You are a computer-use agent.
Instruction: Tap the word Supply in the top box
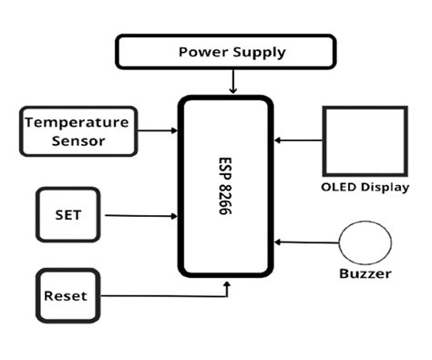tap(259, 52)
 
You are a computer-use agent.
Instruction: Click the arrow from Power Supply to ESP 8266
tap(234, 81)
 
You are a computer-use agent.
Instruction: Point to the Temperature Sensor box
tap(77, 130)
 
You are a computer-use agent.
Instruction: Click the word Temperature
tap(77, 122)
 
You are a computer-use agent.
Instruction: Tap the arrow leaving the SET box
tap(137, 216)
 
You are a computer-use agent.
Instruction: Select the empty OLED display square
tap(361, 141)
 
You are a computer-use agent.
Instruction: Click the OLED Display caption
tap(364, 188)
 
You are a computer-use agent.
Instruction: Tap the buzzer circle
tap(365, 242)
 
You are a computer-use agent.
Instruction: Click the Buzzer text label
tap(365, 273)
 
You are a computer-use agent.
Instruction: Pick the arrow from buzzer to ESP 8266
tap(306, 242)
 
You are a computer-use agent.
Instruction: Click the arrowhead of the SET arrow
tap(173, 216)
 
